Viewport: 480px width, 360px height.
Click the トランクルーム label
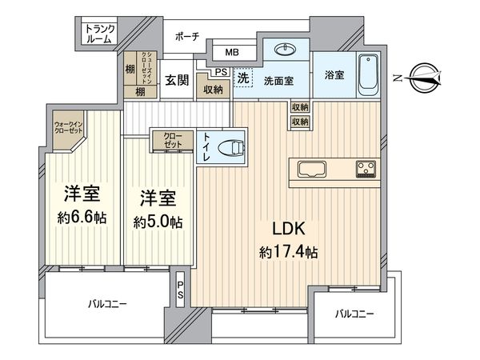[x=100, y=34]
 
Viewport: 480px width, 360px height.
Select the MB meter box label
[x=231, y=53]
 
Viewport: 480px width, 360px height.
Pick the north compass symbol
[x=423, y=78]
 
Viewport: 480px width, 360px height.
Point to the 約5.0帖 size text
[x=157, y=221]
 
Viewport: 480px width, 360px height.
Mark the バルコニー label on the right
[x=354, y=314]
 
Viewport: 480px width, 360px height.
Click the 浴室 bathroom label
[x=334, y=76]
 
